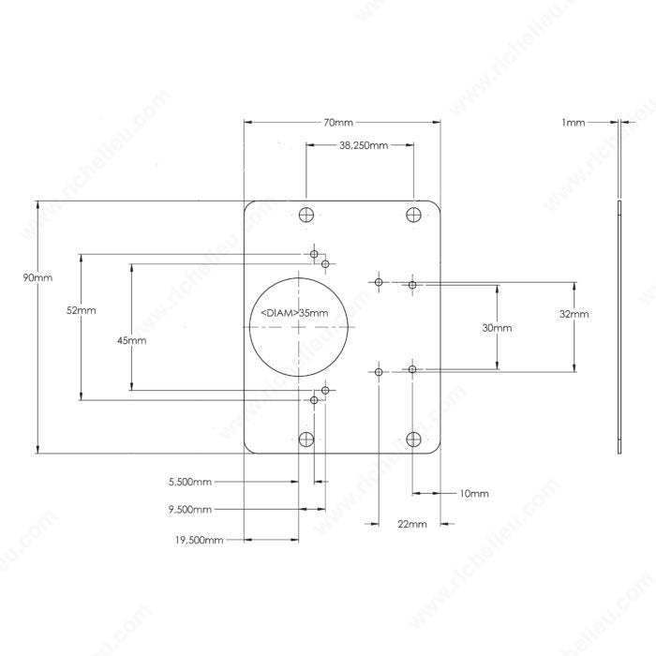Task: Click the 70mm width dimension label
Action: pos(338,123)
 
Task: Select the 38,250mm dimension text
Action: pos(364,145)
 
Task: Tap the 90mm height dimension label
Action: pos(37,277)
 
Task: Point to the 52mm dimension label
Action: pos(82,310)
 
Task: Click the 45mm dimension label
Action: pos(132,340)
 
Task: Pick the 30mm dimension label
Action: pos(497,328)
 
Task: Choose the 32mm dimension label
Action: pos(574,314)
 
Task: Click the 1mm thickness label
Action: pos(574,123)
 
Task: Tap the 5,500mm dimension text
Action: pos(190,482)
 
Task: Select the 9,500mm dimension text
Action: pos(190,510)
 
